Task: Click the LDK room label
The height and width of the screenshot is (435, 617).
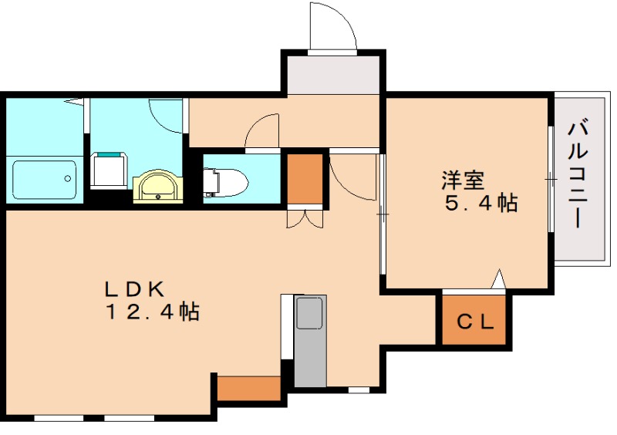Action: [135, 289]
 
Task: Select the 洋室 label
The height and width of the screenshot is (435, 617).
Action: [463, 180]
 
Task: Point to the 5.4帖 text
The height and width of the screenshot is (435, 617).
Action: [480, 204]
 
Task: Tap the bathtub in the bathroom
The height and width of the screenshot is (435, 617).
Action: [45, 180]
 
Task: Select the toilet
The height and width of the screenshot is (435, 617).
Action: [227, 182]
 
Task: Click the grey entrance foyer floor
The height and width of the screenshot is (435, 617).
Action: [332, 74]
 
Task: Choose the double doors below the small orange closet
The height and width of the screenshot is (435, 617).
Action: [305, 219]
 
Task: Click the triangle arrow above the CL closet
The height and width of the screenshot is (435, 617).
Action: [498, 278]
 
